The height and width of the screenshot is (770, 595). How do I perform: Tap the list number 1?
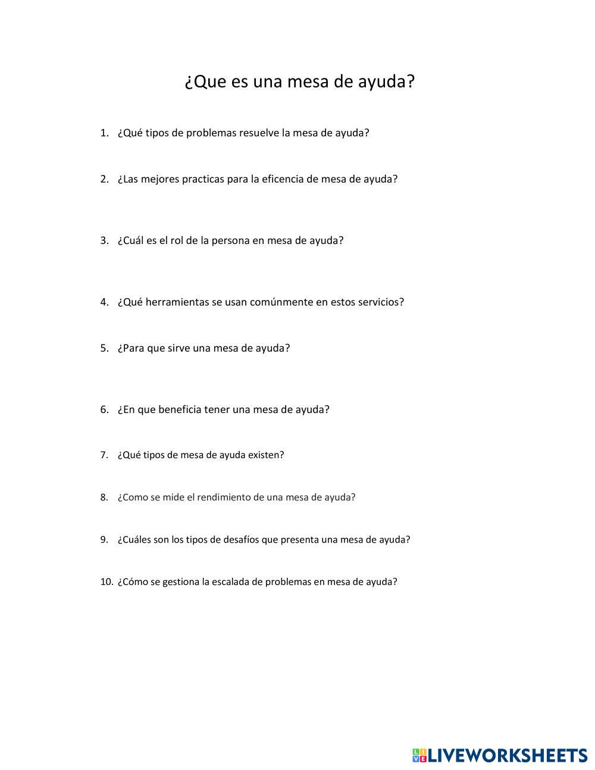click(x=104, y=133)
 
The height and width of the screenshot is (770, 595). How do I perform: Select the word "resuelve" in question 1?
click(x=259, y=133)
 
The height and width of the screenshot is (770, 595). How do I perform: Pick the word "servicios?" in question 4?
click(x=378, y=302)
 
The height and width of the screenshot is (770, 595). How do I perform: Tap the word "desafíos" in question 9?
click(x=240, y=540)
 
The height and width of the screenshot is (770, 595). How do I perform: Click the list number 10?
click(x=107, y=582)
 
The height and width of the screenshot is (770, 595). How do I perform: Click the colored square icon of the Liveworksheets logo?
click(x=419, y=755)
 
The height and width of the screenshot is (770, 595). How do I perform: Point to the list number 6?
click(x=104, y=410)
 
